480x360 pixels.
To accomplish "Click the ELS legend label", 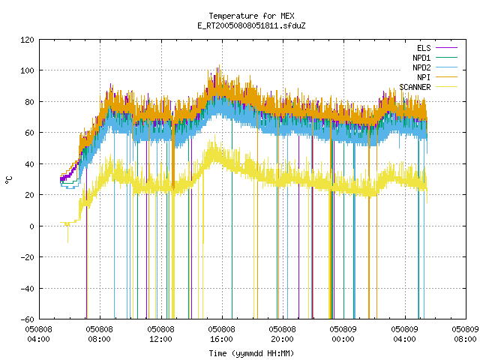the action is [424, 48].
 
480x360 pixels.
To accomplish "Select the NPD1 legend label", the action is [421, 58].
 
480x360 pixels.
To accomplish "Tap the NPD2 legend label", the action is [421, 67].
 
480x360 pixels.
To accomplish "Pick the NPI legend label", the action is [424, 77].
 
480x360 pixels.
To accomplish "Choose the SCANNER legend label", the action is [415, 87].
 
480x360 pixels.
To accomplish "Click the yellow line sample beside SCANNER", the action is [446, 87].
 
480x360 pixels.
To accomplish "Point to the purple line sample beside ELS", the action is [446, 48].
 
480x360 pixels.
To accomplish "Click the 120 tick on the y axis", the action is [27, 40].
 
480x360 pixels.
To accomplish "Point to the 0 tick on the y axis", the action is [31, 226].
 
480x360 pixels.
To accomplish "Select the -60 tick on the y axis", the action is [27, 319].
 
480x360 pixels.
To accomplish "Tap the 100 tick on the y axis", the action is [27, 70].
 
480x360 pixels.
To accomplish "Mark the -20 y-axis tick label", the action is [27, 257].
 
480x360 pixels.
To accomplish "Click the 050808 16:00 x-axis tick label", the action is [222, 334].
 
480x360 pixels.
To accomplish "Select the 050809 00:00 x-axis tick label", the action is [343, 334].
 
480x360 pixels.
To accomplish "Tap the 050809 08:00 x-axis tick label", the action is [465, 334].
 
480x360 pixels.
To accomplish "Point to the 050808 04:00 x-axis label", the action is [38, 334].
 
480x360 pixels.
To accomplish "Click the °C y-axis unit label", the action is [9, 180].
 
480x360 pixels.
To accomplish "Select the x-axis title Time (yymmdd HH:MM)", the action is [251, 353].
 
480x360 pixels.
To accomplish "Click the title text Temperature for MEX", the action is [252, 16].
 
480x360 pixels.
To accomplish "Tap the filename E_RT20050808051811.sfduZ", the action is [252, 25].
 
